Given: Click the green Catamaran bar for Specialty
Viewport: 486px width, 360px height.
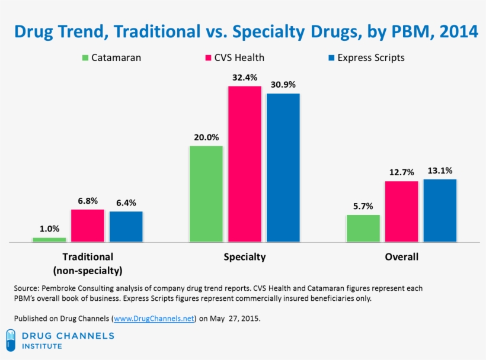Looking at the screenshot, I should pos(206,194).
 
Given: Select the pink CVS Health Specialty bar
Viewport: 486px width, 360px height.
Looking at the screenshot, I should pos(244,164).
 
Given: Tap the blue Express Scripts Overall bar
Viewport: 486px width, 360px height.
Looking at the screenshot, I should pos(439,210).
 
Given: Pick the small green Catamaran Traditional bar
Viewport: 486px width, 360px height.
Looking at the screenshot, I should pos(49,239).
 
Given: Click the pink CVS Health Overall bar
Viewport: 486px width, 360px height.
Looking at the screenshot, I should pos(401,211).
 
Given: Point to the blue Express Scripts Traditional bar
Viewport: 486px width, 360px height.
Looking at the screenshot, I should pos(126,226).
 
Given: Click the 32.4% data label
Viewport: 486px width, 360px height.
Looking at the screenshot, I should pos(244,77).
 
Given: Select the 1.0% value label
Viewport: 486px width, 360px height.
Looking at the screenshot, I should pos(49,229).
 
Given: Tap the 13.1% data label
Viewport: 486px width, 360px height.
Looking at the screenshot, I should pos(439,171).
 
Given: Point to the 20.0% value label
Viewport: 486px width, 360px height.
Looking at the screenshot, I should pos(206,137).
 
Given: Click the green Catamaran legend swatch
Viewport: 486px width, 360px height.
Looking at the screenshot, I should pos(85,58).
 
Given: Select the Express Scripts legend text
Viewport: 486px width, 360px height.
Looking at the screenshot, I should pos(370,58).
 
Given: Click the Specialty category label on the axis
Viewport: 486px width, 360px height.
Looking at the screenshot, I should pos(244,257).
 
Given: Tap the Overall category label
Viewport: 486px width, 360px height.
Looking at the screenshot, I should pos(401,257).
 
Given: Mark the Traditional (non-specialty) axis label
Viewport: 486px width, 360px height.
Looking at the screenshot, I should pos(88,264).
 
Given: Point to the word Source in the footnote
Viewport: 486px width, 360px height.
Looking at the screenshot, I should pos(26,288).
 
